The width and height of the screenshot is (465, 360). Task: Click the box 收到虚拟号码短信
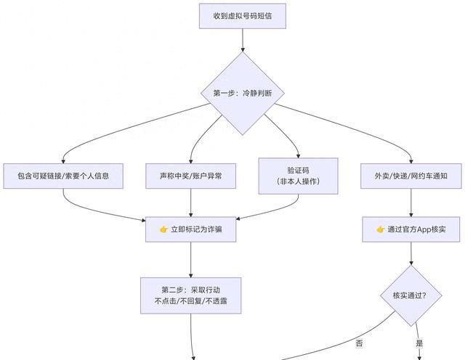[x=243, y=16]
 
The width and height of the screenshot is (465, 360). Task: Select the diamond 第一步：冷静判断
[x=243, y=93]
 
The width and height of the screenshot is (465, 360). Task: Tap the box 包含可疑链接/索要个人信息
[x=62, y=176]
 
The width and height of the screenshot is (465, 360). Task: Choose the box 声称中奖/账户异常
[x=190, y=176]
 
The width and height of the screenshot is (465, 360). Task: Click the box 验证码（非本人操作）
[x=299, y=176]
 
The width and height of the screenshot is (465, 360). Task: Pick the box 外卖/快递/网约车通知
[x=412, y=176]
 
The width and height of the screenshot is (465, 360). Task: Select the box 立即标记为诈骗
[x=190, y=229]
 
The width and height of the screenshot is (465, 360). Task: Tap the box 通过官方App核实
[x=412, y=229]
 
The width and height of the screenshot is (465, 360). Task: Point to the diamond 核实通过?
[x=412, y=295]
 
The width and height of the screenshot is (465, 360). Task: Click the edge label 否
[x=359, y=343]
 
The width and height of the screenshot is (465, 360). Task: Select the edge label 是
[x=419, y=343]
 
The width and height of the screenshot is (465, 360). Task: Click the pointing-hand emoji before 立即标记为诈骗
[x=163, y=229]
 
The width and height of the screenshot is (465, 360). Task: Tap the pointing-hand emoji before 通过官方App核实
[x=380, y=229]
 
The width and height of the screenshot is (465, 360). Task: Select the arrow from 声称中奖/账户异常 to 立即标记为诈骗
[x=190, y=202]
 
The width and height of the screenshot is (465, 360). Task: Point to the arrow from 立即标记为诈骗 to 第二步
[x=190, y=260]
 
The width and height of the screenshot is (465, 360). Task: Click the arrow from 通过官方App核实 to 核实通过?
[x=412, y=254]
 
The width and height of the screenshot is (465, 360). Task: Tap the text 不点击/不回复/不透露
[x=190, y=300]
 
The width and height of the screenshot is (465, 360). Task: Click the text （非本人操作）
[x=299, y=181]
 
